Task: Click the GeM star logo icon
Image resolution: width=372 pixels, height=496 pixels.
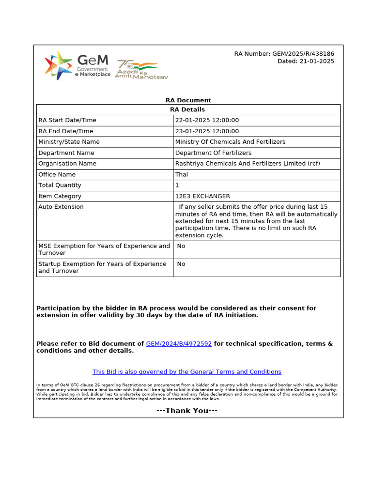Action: tap(59, 65)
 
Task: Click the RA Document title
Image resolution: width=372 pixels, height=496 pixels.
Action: tap(188, 100)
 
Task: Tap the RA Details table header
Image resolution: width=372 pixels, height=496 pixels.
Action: tap(188, 109)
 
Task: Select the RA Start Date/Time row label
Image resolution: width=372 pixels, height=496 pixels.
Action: tap(67, 120)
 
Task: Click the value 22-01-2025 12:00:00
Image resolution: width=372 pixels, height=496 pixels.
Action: tap(207, 120)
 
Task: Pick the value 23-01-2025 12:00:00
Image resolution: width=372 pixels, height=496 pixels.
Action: tap(207, 131)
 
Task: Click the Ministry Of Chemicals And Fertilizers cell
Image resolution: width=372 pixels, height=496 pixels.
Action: tap(230, 142)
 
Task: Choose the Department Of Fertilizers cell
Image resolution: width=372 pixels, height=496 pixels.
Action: tap(213, 153)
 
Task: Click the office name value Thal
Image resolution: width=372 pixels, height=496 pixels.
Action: tap(182, 174)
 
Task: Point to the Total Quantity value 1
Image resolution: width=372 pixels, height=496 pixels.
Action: tap(177, 185)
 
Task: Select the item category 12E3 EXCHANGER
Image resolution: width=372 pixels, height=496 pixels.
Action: tap(202, 196)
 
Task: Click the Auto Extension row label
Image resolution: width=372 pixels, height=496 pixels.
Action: tap(61, 207)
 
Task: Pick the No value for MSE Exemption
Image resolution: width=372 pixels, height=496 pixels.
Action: tap(181, 246)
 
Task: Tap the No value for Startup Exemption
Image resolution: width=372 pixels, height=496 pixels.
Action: tap(181, 264)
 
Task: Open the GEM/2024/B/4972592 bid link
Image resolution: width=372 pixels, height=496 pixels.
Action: tap(179, 344)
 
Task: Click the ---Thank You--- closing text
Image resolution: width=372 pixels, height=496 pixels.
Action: tap(186, 411)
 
